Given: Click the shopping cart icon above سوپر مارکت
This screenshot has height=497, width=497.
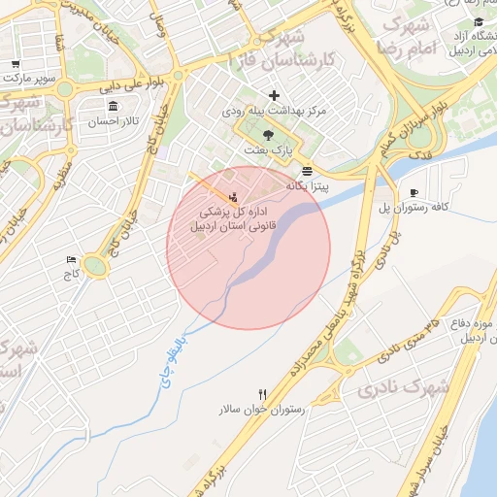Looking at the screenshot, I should pyautogui.click(x=17, y=65).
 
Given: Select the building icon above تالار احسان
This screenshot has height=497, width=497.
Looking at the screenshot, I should pyautogui.click(x=114, y=106).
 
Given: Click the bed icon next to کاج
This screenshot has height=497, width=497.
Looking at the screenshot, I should pyautogui.click(x=70, y=260).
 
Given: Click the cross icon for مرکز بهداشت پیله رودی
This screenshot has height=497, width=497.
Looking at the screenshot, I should pyautogui.click(x=275, y=95).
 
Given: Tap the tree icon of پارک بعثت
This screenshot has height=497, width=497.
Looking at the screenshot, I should pyautogui.click(x=268, y=136).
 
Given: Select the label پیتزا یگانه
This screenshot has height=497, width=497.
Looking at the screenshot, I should pyautogui.click(x=309, y=184).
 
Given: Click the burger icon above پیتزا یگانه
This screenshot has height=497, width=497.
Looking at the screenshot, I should pyautogui.click(x=307, y=171).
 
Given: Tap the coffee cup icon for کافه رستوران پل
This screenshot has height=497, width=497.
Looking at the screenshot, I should pyautogui.click(x=414, y=193).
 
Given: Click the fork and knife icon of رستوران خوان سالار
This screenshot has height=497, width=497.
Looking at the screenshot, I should pyautogui.click(x=262, y=395).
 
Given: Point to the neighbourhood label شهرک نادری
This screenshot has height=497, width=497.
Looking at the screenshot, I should pyautogui.click(x=402, y=389).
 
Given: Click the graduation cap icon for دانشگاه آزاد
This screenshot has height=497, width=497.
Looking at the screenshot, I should pyautogui.click(x=478, y=22).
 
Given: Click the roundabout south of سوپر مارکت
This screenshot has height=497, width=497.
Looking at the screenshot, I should pyautogui.click(x=64, y=90).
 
